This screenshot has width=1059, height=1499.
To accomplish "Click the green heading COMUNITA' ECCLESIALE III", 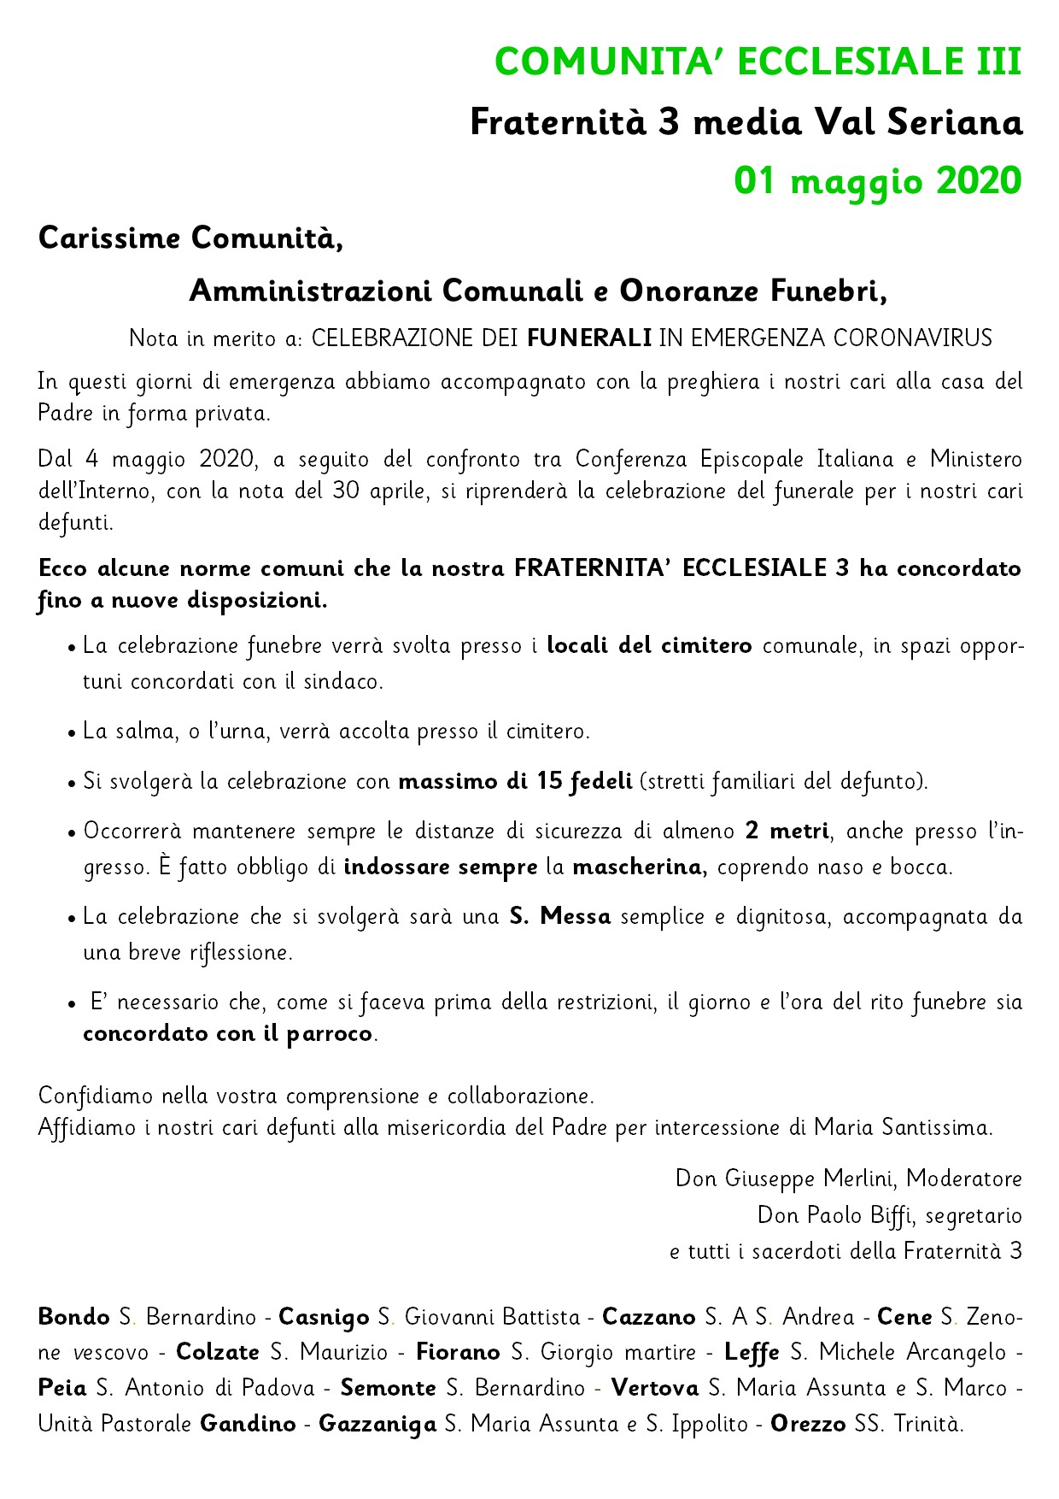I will tap(758, 62).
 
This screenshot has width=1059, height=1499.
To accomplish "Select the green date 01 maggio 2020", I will tap(878, 181).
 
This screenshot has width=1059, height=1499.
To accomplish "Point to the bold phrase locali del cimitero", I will tap(649, 645).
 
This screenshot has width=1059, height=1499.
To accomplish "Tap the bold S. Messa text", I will tap(560, 917).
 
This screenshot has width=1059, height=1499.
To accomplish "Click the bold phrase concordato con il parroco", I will tap(229, 1034).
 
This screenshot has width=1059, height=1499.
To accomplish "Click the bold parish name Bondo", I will tap(73, 1317).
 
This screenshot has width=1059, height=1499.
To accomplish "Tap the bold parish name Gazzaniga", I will tap(377, 1426).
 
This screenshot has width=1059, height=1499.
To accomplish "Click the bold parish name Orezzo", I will tap(803, 1426).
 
